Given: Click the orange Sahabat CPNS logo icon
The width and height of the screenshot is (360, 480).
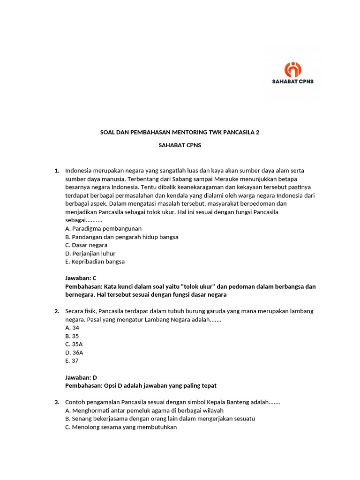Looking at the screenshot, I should (x=293, y=69).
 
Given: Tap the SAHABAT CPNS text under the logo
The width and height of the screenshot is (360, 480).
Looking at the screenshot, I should (x=293, y=81).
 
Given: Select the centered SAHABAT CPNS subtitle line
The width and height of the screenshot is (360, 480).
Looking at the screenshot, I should (x=180, y=145).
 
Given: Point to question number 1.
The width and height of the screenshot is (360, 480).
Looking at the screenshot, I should (x=57, y=171).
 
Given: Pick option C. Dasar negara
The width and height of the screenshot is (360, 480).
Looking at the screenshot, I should (x=86, y=245).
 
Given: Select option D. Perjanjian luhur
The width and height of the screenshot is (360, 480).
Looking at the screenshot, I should (x=90, y=254).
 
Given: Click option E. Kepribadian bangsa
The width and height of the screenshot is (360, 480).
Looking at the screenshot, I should (x=95, y=262).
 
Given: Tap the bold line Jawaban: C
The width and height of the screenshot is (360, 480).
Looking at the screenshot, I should (x=81, y=278).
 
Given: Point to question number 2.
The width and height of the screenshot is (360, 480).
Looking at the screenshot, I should (x=57, y=311).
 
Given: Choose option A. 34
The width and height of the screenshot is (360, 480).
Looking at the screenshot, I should (x=72, y=328).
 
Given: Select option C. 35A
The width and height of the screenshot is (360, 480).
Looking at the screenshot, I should (x=74, y=344).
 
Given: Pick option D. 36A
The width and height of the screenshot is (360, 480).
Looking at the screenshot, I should (x=74, y=352).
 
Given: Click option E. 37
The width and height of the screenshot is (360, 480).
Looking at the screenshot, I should (x=72, y=360).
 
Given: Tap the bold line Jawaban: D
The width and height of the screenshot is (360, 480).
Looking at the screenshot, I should (x=81, y=377).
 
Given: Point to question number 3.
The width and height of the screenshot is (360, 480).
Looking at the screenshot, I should (x=57, y=402).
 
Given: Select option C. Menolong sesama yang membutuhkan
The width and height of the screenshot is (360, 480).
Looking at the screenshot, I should (x=121, y=427).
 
